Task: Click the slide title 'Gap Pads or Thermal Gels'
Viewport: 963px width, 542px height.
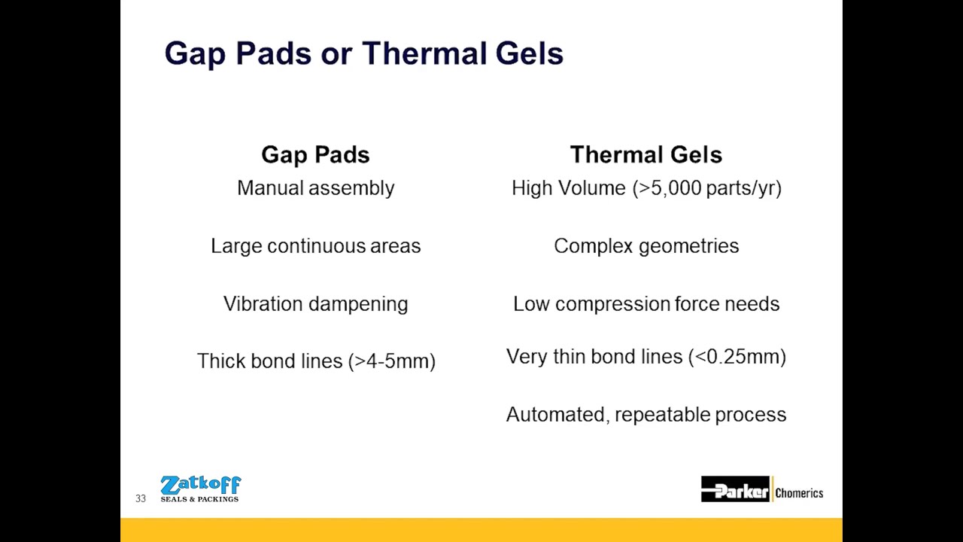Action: point(363,54)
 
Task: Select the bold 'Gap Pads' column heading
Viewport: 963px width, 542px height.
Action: point(315,155)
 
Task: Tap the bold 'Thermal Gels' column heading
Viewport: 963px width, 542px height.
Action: point(646,155)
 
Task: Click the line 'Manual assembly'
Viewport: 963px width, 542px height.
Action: point(315,188)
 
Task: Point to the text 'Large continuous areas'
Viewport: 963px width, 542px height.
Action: point(315,246)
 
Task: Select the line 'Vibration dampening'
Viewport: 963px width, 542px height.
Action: point(315,304)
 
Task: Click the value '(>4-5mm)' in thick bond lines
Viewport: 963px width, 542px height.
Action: point(391,361)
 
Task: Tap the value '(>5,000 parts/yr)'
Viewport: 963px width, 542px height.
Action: point(706,188)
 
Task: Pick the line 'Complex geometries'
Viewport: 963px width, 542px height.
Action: point(646,246)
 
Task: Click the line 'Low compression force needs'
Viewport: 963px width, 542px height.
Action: point(646,304)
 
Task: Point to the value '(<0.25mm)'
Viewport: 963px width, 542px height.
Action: point(737,357)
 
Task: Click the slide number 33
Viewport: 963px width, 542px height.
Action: point(141,498)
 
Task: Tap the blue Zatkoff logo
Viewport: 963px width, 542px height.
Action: point(200,486)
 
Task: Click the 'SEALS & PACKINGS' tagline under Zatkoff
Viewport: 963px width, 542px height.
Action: point(199,499)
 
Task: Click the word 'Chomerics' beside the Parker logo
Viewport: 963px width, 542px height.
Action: point(799,493)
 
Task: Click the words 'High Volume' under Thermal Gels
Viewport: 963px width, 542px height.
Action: point(568,188)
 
